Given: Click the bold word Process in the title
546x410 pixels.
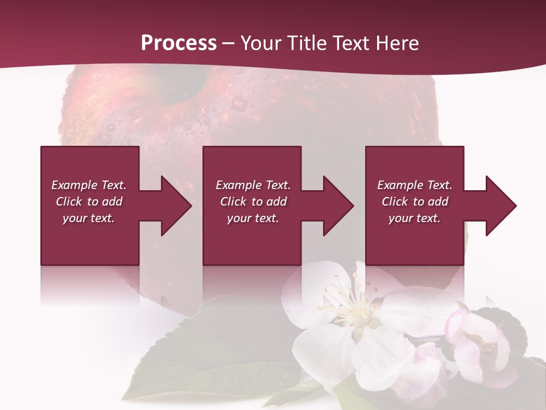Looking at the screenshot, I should [179, 43].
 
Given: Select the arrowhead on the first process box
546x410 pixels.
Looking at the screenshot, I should [171, 206].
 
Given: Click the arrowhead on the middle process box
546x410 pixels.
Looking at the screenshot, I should [333, 206].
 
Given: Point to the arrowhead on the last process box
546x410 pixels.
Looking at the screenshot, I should [496, 206].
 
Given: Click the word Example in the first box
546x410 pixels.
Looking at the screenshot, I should [74, 185].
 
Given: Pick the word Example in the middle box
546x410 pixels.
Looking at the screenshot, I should [238, 185].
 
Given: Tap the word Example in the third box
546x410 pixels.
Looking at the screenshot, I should [400, 185].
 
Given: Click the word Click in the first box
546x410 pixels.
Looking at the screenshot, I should [69, 202].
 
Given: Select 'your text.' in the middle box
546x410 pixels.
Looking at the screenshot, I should [253, 218].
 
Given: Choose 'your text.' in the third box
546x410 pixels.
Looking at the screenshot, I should [414, 218].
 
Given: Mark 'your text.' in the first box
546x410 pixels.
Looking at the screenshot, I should [88, 218].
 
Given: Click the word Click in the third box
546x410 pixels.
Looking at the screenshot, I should [395, 202].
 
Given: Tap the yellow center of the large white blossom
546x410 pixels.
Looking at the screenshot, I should [356, 308].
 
